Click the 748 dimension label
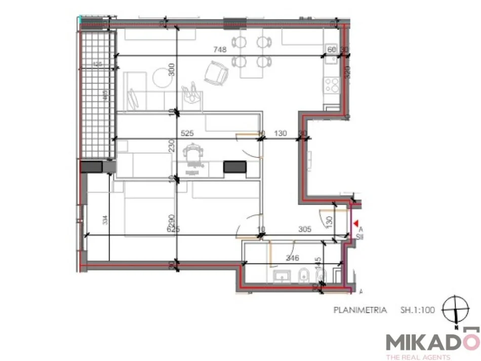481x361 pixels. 220,50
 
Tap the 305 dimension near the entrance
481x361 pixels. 304,229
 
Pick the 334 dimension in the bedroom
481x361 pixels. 105,220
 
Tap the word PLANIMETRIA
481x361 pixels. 360,310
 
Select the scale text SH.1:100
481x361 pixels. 418,310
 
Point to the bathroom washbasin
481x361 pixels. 280,276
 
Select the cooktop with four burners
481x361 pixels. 332,85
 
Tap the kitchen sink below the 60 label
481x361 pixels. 332,60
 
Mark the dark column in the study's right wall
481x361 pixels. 234,167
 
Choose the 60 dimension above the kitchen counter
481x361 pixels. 332,50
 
